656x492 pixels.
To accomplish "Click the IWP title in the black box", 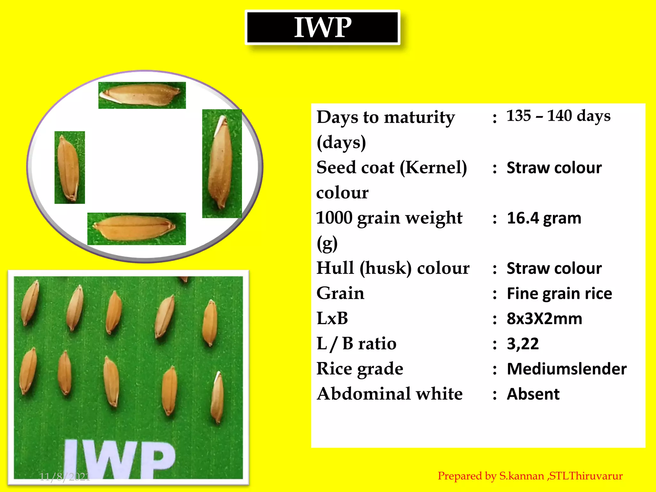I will point(323,28).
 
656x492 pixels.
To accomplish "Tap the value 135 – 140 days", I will point(558,116).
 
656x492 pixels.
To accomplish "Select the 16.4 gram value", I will point(544,218).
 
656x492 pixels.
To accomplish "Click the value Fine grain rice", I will point(559,294).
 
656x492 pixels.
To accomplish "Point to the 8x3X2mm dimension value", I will point(544,319).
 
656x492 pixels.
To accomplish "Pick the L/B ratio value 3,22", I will point(522,344).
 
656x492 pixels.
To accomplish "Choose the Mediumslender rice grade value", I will point(566,369).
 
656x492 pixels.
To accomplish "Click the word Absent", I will point(533,394).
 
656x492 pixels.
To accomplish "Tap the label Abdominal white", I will point(389,394).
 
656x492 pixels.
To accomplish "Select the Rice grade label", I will point(360,369).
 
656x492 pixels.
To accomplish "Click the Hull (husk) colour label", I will point(393,268).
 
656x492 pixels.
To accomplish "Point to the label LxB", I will point(332,319).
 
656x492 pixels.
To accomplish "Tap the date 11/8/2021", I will point(65,477).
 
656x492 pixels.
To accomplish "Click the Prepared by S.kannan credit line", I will point(530,476).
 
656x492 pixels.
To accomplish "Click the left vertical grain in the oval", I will point(69,168).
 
